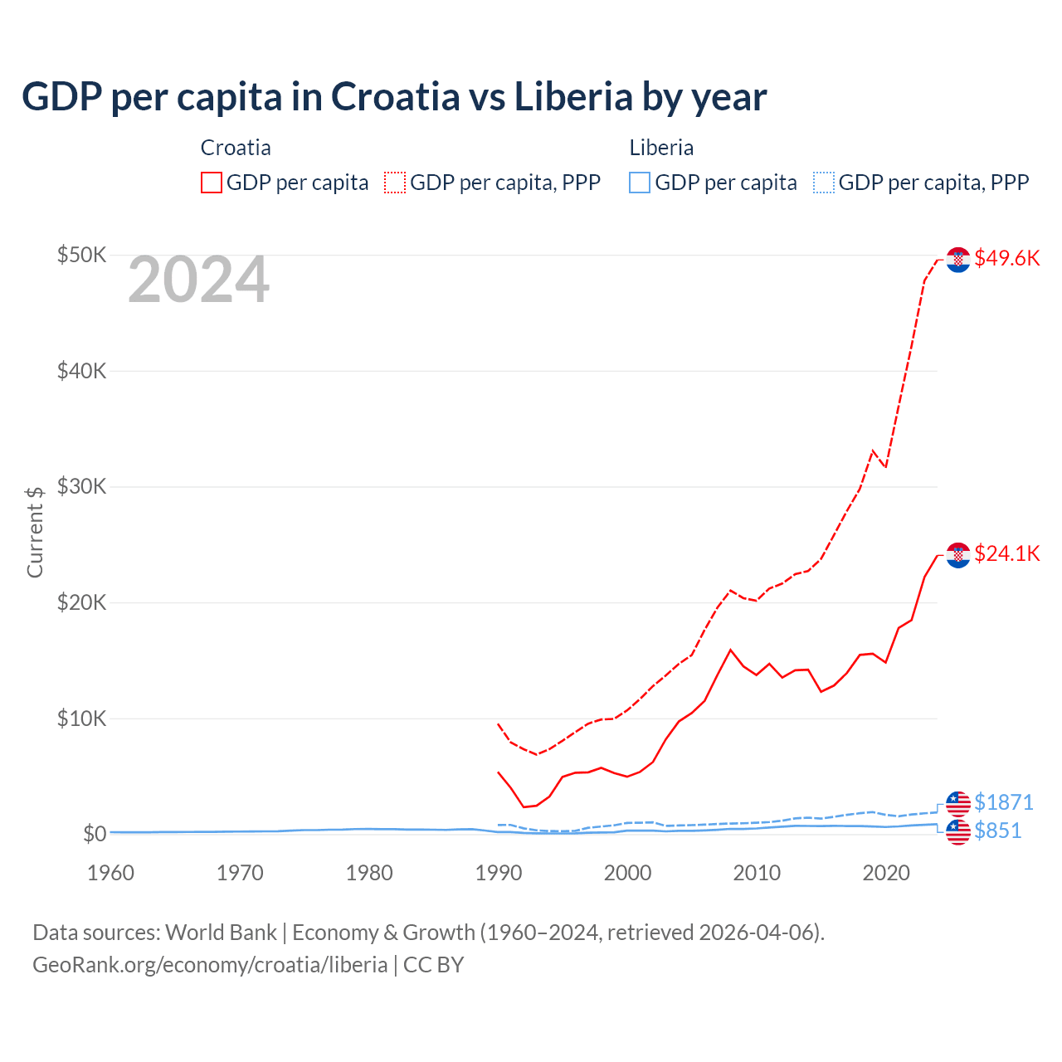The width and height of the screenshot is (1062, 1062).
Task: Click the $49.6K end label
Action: [1006, 258]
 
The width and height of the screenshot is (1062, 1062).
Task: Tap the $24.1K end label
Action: [1006, 553]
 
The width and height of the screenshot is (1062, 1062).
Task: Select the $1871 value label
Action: [1003, 802]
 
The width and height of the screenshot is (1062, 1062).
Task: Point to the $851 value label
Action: [997, 831]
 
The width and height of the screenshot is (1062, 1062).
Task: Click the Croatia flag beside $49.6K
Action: [958, 260]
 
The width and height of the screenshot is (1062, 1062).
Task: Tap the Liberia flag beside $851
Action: [958, 831]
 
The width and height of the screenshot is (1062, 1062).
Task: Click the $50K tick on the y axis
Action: [81, 255]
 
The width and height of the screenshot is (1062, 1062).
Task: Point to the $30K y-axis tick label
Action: [81, 486]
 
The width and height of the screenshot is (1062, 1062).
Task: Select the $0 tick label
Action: [94, 833]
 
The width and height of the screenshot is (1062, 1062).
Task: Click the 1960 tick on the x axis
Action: [110, 873]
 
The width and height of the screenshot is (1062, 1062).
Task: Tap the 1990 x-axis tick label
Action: [498, 873]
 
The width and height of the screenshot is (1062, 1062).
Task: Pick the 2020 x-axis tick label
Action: [886, 873]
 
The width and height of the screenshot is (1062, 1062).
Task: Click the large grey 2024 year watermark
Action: [198, 280]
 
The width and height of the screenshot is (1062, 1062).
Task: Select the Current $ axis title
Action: [35, 532]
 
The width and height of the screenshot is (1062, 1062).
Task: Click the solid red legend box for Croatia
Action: [212, 183]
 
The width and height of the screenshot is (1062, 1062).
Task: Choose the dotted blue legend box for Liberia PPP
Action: [824, 183]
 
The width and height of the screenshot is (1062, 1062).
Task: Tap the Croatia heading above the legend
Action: [236, 148]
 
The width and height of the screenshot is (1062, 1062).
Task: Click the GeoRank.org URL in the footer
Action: [210, 965]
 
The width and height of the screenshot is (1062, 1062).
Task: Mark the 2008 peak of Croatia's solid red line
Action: [730, 650]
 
